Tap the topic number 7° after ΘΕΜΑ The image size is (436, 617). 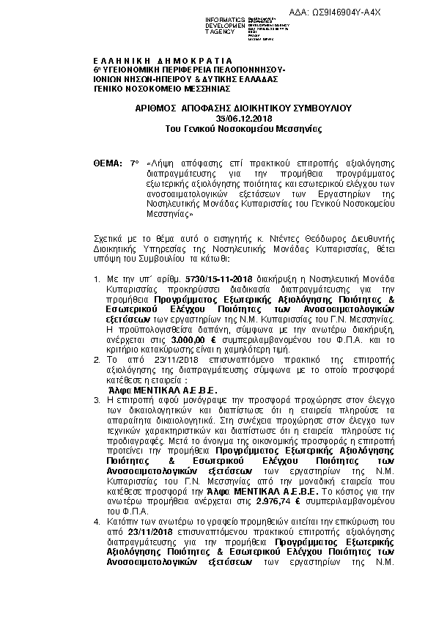point(133,161)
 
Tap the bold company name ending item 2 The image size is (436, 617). point(170,390)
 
